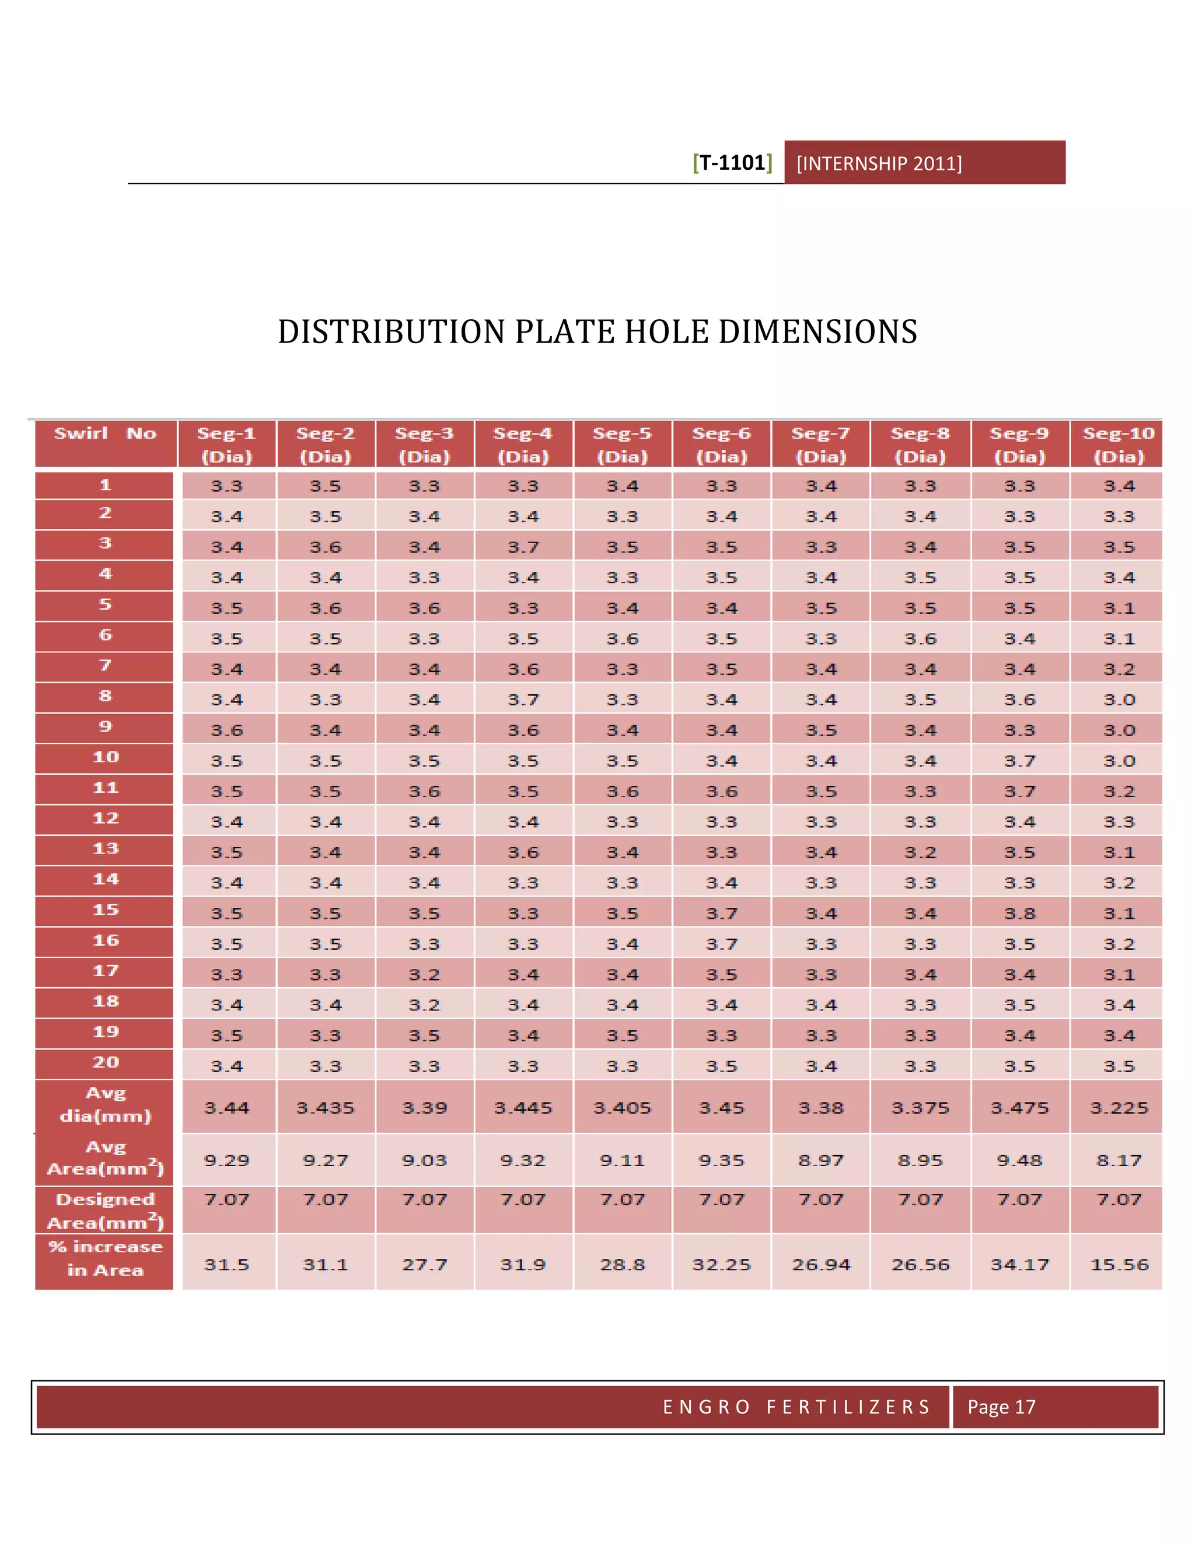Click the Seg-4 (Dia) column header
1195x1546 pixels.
pyautogui.click(x=523, y=445)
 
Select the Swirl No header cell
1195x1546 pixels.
pyautogui.click(x=106, y=443)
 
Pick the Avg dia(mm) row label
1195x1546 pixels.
pyautogui.click(x=105, y=1105)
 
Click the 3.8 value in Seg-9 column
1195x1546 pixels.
pyautogui.click(x=1019, y=913)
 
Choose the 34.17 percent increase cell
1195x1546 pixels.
pyautogui.click(x=1019, y=1264)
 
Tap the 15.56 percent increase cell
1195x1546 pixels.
pyautogui.click(x=1119, y=1264)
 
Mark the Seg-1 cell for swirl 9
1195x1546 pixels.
pyautogui.click(x=226, y=730)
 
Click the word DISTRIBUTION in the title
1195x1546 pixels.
pyautogui.click(x=392, y=332)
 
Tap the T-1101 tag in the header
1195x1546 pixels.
pyautogui.click(x=733, y=163)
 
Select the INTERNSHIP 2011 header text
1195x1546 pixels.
pyautogui.click(x=879, y=163)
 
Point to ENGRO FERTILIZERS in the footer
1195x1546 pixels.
pyautogui.click(x=796, y=1407)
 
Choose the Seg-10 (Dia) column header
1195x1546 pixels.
pyautogui.click(x=1119, y=445)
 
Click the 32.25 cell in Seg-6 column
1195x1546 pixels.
pyautogui.click(x=721, y=1264)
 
